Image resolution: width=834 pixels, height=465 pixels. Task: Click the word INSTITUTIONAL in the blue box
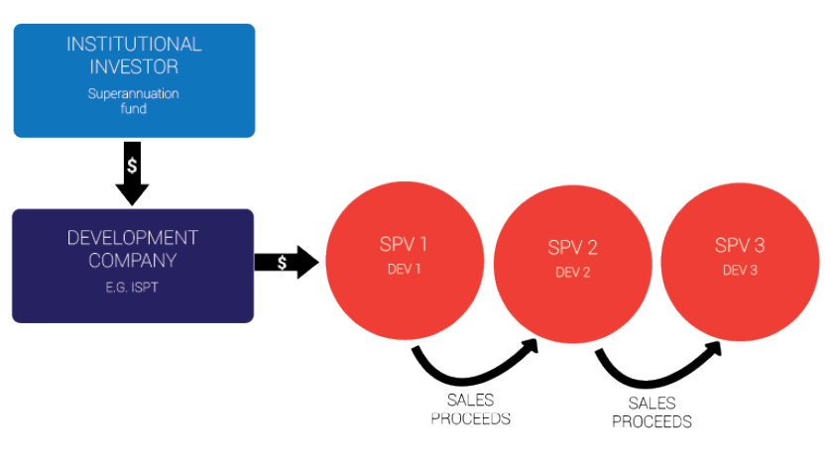pyautogui.click(x=134, y=45)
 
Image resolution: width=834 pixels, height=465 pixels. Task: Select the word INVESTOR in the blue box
pyautogui.click(x=134, y=67)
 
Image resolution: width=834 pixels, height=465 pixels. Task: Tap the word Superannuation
pyautogui.click(x=134, y=93)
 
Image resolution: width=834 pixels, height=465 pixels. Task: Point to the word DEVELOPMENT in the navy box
pyautogui.click(x=133, y=239)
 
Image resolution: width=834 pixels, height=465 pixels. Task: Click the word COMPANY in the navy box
pyautogui.click(x=133, y=262)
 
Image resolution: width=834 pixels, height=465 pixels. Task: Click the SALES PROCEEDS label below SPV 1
pyautogui.click(x=471, y=409)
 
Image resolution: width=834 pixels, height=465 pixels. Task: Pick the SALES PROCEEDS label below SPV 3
pyautogui.click(x=652, y=412)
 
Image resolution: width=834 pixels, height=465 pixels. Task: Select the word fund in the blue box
pyautogui.click(x=134, y=108)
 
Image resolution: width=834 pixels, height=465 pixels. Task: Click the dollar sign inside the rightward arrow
pyautogui.click(x=283, y=263)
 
